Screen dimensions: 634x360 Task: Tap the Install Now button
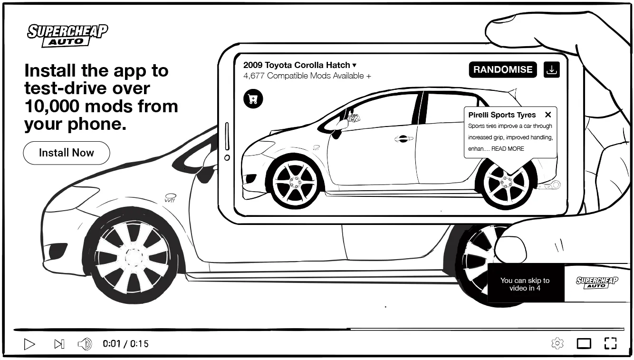coord(67,153)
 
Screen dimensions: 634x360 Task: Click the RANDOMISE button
coord(503,70)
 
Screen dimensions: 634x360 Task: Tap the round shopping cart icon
coord(253,99)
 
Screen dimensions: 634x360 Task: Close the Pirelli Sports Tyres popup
coord(548,115)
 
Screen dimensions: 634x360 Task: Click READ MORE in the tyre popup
coord(508,149)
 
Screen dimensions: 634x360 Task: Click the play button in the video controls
coord(29,344)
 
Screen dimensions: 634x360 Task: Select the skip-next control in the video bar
coord(59,344)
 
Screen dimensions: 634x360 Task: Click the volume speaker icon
coord(85,344)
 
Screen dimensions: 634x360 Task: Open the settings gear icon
coord(557,343)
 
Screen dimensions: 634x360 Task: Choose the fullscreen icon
coord(610,343)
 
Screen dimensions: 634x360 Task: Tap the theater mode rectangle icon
coord(584,343)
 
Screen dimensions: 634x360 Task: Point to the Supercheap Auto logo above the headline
coord(67,36)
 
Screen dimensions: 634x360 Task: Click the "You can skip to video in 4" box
coord(526,284)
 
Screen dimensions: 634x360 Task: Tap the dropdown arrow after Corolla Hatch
coord(354,66)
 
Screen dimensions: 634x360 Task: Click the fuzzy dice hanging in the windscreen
coord(354,117)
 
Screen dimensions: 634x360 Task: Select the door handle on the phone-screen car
coord(403,138)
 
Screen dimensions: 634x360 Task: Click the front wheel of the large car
coord(134,257)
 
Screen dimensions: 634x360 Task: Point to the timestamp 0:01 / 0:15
coord(125,344)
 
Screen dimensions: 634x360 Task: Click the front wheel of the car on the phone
coord(295,182)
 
